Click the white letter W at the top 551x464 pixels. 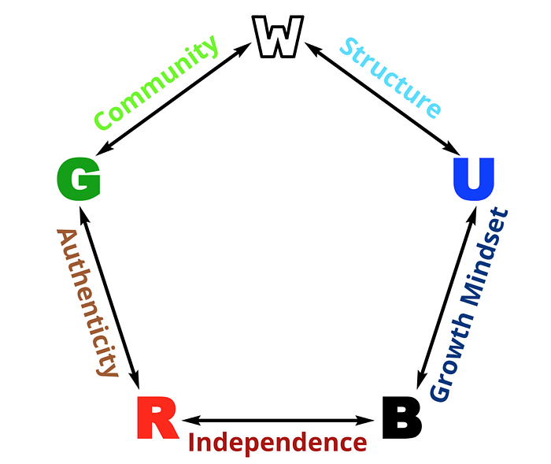(x=278, y=38)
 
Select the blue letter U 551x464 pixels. (x=474, y=180)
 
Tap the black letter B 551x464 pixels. (x=401, y=418)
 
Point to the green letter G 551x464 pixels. (x=79, y=180)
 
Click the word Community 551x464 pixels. (x=156, y=84)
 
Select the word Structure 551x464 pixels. (x=390, y=77)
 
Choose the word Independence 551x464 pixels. (x=278, y=442)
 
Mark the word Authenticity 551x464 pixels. (x=87, y=303)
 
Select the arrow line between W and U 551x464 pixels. (x=383, y=98)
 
